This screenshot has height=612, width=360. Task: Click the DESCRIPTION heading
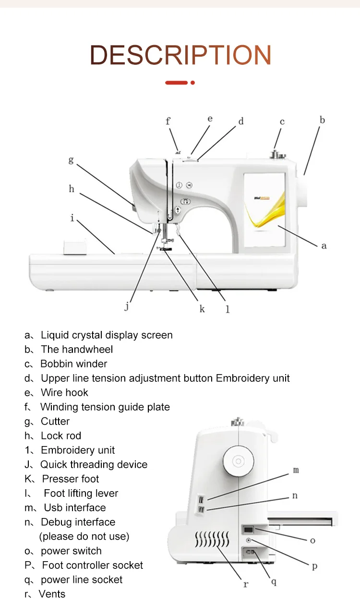point(180,55)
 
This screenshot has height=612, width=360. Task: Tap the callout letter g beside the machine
point(71,160)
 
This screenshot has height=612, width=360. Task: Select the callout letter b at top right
point(322,120)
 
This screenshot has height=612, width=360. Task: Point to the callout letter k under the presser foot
point(202,309)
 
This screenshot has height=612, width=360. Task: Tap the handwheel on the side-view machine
point(238,461)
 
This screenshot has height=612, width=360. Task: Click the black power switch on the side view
point(248,530)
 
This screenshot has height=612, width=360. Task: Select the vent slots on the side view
point(211,540)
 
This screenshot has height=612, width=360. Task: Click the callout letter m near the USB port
point(296,471)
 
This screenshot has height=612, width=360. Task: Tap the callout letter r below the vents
point(246,584)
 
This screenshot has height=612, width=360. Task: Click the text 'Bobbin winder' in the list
point(73,364)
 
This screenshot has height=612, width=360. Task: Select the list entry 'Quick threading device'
point(94,464)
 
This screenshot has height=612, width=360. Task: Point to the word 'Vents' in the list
point(52,594)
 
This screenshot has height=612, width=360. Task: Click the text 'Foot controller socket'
point(92,565)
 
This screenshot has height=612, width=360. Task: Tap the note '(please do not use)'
point(84,536)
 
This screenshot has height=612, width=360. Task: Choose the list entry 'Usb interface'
point(75,507)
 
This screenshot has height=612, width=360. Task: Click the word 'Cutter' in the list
point(55,421)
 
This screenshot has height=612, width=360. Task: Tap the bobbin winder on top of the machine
point(277,154)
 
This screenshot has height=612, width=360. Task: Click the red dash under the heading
point(176,82)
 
